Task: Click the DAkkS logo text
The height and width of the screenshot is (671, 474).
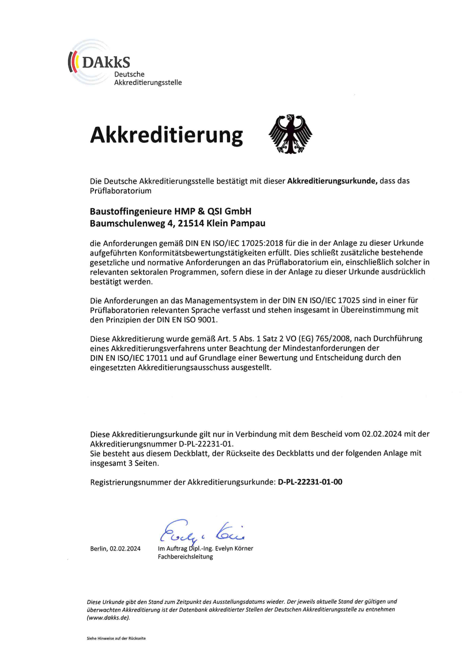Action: click(x=106, y=62)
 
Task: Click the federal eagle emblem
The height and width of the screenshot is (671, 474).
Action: click(x=290, y=134)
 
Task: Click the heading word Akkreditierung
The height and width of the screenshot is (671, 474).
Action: click(x=166, y=135)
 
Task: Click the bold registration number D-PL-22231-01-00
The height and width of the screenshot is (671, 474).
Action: click(x=310, y=482)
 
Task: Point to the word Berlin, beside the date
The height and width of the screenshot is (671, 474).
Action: click(x=99, y=548)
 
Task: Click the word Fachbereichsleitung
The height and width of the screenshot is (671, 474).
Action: click(x=185, y=557)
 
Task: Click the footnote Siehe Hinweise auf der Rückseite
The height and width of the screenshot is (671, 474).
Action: click(x=116, y=646)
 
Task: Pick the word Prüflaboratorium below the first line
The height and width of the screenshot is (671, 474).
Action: click(x=121, y=191)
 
